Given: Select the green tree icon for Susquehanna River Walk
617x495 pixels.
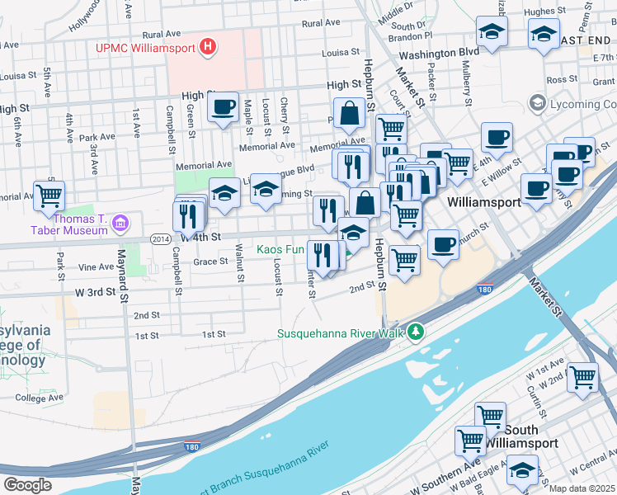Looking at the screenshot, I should (417, 332).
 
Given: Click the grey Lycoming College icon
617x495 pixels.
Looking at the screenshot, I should (539, 104).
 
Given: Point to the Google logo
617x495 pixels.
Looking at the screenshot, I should (27, 484).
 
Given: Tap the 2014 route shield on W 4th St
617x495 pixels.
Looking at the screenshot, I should (162, 238).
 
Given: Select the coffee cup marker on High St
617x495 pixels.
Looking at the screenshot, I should (223, 107).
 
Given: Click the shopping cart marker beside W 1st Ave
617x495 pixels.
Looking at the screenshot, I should (582, 377).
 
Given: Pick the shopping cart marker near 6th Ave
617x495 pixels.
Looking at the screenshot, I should (49, 196).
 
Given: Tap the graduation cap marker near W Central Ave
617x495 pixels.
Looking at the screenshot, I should (521, 470).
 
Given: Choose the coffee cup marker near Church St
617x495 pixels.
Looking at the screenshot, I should (443, 245).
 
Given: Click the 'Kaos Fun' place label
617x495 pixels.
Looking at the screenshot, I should (280, 248).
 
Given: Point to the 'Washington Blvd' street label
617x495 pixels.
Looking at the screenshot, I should (439, 52).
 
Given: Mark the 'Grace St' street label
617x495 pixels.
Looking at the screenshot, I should (210, 262).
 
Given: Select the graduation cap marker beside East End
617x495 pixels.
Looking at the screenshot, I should (544, 34).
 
